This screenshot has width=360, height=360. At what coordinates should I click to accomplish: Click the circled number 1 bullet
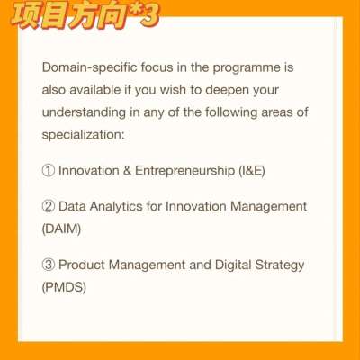49,170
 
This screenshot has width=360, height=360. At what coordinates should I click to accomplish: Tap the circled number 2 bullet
49,206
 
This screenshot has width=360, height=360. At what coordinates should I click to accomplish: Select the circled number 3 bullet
49,265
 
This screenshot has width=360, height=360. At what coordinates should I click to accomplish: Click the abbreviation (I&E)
252,171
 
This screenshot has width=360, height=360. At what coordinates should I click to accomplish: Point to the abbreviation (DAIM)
61,229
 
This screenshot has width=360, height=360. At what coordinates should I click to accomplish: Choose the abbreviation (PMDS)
64,287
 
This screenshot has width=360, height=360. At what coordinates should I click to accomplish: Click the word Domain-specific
90,67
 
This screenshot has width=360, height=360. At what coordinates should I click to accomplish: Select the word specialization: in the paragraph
83,135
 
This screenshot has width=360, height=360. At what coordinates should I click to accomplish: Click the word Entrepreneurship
184,171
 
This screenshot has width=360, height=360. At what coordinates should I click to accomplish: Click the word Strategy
280,265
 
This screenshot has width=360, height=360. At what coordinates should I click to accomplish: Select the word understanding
84,112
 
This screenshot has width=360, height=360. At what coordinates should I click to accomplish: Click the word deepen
228,91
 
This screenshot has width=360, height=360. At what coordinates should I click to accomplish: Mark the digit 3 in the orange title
149,15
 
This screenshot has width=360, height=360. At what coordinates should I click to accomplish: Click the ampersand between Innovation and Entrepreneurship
127,171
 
